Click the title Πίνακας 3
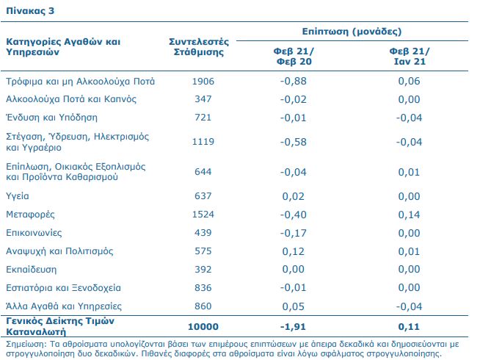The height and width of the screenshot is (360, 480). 30,11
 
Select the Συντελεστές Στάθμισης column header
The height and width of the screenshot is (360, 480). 199,46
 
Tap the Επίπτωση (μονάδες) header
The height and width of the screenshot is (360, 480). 352,32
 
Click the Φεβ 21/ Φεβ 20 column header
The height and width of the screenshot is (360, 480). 294,57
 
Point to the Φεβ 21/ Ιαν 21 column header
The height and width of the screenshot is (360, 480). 410,57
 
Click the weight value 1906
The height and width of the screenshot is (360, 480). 203,82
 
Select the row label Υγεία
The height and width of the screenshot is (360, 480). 18,196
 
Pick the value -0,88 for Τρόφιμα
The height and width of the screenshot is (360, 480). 294,82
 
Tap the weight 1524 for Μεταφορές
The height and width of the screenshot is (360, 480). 203,214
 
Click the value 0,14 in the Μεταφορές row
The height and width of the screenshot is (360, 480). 409,215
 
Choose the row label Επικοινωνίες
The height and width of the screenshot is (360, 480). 34,233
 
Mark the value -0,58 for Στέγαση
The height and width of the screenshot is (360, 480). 294,142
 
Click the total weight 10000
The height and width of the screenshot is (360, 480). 203,327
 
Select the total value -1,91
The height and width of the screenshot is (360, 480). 294,327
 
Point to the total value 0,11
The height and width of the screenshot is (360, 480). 409,327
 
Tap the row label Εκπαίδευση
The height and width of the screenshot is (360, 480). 32,270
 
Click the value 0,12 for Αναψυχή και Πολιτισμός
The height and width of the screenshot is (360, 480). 294,251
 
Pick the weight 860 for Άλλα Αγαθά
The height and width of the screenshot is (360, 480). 203,306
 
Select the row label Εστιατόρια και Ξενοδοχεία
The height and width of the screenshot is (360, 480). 63,288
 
